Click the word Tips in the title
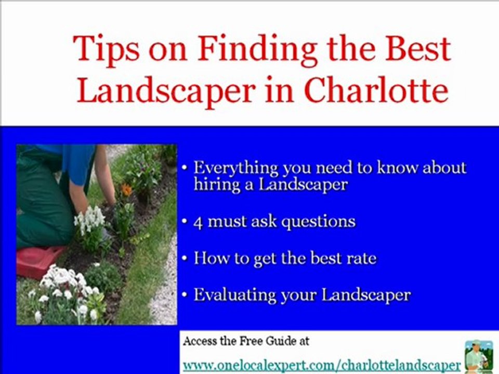[107, 49]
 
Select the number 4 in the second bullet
[198, 222]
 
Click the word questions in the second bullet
[319, 223]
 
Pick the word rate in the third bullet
[362, 258]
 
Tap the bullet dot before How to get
[185, 259]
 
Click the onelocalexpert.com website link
[322, 364]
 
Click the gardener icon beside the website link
[479, 355]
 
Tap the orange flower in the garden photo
[126, 190]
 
